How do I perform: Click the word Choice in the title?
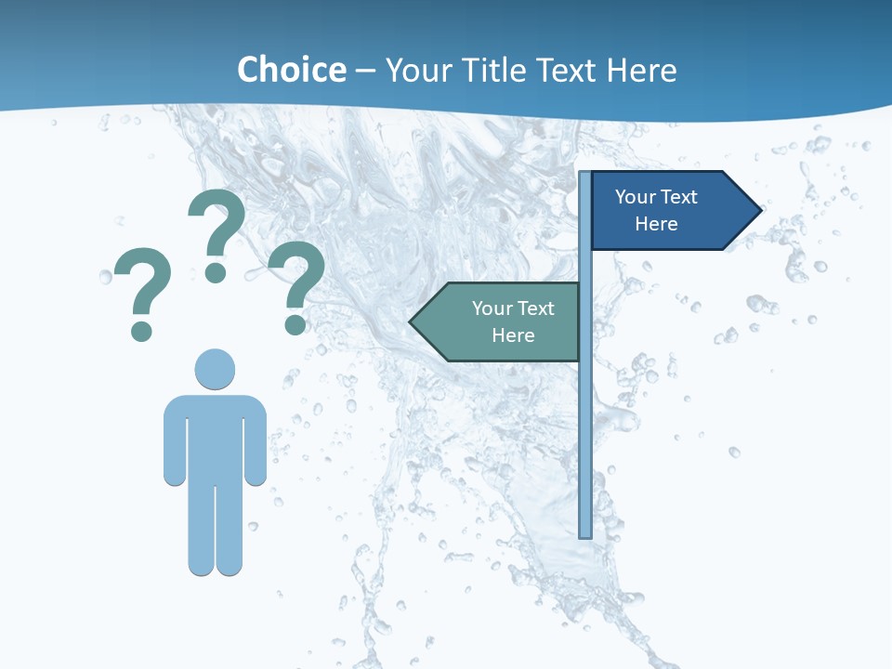(291, 70)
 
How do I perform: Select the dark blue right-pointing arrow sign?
(664, 210)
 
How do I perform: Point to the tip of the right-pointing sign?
(759, 210)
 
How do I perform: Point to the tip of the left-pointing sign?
(412, 322)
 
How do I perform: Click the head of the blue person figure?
(215, 369)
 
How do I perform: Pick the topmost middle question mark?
(216, 223)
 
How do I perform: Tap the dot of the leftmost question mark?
(141, 330)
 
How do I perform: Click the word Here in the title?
(641, 70)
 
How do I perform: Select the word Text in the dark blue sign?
(677, 197)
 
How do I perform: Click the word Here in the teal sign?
(513, 335)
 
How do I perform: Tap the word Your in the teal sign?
(492, 308)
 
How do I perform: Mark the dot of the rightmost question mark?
(295, 324)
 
